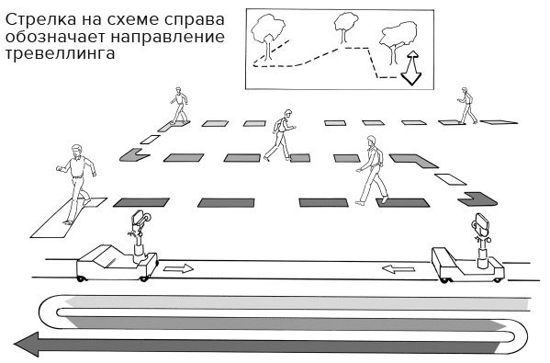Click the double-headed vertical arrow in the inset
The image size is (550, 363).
coord(411,67)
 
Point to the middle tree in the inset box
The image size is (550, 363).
coord(346,24)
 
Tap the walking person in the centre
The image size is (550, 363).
coord(282,134)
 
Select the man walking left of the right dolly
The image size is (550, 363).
coord(371,169)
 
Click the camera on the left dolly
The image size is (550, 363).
coord(138,220)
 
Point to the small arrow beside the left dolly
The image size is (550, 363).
coord(180,268)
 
